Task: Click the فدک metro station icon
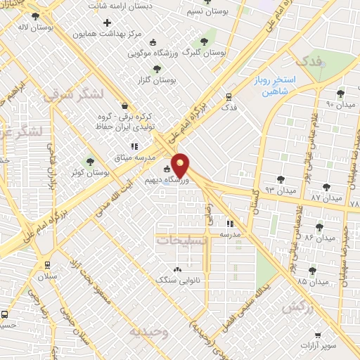point(229,97)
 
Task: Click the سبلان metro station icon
point(47,266)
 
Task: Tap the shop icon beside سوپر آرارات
point(319,335)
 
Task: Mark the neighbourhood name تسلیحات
point(181,240)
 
